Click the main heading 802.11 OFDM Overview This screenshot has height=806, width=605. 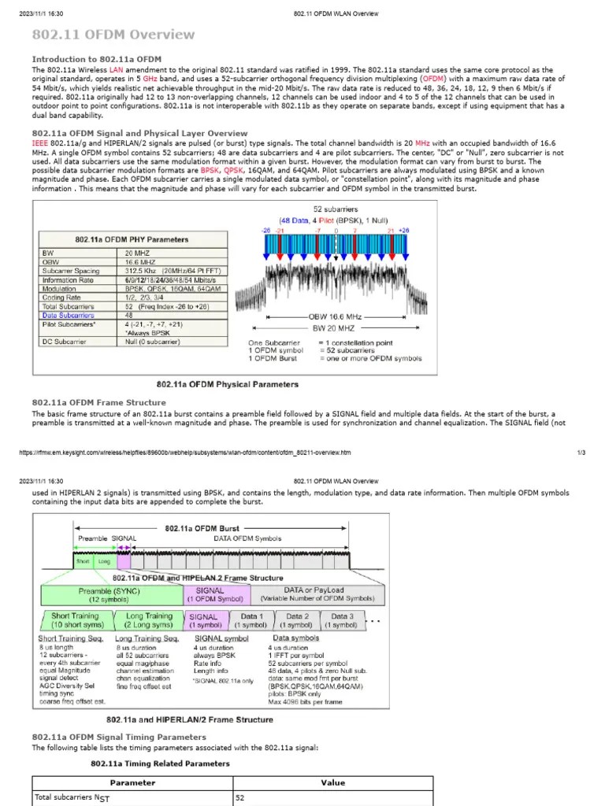113,35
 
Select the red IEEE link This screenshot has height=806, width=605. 39,143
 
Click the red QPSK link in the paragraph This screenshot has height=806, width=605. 233,170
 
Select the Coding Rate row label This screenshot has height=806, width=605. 64,297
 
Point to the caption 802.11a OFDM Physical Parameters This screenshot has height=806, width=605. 227,384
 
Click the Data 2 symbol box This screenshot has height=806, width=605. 297,620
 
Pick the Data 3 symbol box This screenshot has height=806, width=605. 341,620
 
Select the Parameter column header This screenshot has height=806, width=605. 132,782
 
